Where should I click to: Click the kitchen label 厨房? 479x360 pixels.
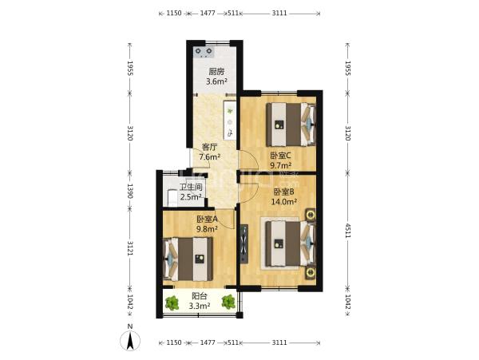(x=216, y=72)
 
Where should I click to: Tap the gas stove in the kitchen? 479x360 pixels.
(x=204, y=52)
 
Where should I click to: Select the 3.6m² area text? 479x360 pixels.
(x=216, y=81)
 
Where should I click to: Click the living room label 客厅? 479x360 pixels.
(x=209, y=147)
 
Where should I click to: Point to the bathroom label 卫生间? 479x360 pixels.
(x=191, y=187)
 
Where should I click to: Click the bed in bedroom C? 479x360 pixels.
(x=291, y=125)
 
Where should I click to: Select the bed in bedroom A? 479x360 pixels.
(x=188, y=259)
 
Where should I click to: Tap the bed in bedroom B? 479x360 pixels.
(x=291, y=243)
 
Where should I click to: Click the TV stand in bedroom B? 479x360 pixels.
(x=243, y=243)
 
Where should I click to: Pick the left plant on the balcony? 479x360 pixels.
(x=172, y=303)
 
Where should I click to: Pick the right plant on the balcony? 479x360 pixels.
(x=228, y=302)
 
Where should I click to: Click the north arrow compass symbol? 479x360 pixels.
(x=130, y=340)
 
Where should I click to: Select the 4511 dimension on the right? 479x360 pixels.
(x=347, y=231)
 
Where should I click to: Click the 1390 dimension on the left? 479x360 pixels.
(x=130, y=191)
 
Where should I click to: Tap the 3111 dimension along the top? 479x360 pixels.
(x=279, y=13)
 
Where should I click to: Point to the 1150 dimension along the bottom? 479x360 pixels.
(x=174, y=342)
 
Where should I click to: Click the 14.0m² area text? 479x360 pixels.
(x=284, y=201)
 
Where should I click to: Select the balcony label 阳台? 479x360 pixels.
(x=200, y=296)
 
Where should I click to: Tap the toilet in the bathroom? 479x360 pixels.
(x=172, y=197)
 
